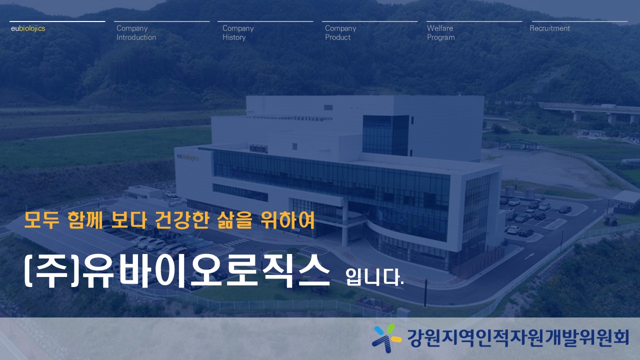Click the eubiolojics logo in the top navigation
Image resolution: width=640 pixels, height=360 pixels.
pos(28,28)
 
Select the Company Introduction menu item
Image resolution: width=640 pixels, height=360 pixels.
pos(136,32)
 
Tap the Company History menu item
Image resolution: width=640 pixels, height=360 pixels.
pos(238,32)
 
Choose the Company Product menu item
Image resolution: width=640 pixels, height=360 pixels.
pos(340,32)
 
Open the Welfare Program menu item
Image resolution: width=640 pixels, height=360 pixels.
pos(441,32)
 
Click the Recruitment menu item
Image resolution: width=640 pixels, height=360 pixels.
pos(549,28)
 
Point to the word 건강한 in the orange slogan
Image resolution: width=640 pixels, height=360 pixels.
pos(181,220)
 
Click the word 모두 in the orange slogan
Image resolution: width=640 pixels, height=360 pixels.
pos(41,220)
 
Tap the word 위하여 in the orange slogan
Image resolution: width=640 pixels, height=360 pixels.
pos(287,220)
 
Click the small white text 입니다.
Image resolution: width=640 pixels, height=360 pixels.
pos(374,276)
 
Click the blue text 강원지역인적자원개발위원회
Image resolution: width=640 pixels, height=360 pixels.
pos(517,338)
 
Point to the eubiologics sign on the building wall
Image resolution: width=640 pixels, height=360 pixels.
pos(187,157)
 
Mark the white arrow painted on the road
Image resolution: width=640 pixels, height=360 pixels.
pos(529,256)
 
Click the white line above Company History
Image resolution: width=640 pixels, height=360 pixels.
pos(265,21)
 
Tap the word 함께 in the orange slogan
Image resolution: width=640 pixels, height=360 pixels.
pos(85,220)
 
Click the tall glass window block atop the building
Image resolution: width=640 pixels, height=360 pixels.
pos(385,135)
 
